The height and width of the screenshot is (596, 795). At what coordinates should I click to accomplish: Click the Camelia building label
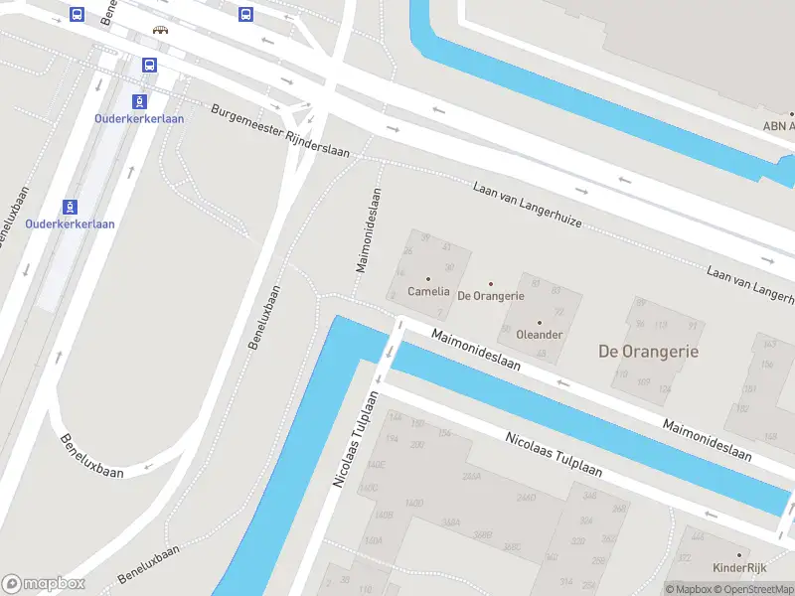(x=428, y=292)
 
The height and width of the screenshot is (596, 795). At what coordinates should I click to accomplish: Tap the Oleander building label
(x=540, y=335)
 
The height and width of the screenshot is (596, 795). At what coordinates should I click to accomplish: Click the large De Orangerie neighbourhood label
(x=648, y=352)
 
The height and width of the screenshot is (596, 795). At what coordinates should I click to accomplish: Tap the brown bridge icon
(x=160, y=30)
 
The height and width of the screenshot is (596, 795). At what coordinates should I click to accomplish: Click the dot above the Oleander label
(x=540, y=322)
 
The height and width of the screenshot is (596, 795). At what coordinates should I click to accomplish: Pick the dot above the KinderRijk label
(x=739, y=555)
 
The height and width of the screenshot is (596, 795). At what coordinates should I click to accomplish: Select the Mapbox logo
(x=43, y=584)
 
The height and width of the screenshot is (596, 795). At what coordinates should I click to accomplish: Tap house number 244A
(x=471, y=477)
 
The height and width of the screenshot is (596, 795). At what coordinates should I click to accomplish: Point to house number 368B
(x=482, y=534)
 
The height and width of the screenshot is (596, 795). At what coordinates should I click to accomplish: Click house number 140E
(x=375, y=464)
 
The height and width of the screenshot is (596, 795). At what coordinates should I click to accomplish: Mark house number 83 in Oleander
(x=556, y=290)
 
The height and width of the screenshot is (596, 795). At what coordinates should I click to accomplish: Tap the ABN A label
(x=778, y=126)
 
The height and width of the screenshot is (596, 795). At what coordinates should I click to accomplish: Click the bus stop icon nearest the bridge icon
(x=149, y=66)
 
